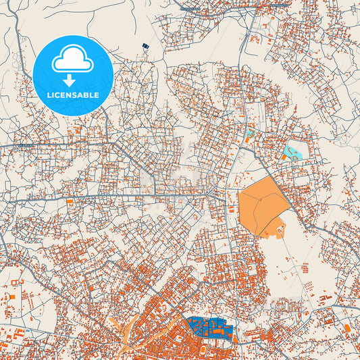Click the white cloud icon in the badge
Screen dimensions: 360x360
(x=72, y=62)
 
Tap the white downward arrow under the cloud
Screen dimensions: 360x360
(x=72, y=80)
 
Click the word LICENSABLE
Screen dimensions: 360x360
(x=72, y=95)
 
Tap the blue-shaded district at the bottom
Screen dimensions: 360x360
(x=210, y=329)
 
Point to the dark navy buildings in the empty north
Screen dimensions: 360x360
(x=145, y=47)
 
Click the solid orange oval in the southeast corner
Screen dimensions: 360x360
(x=346, y=328)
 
